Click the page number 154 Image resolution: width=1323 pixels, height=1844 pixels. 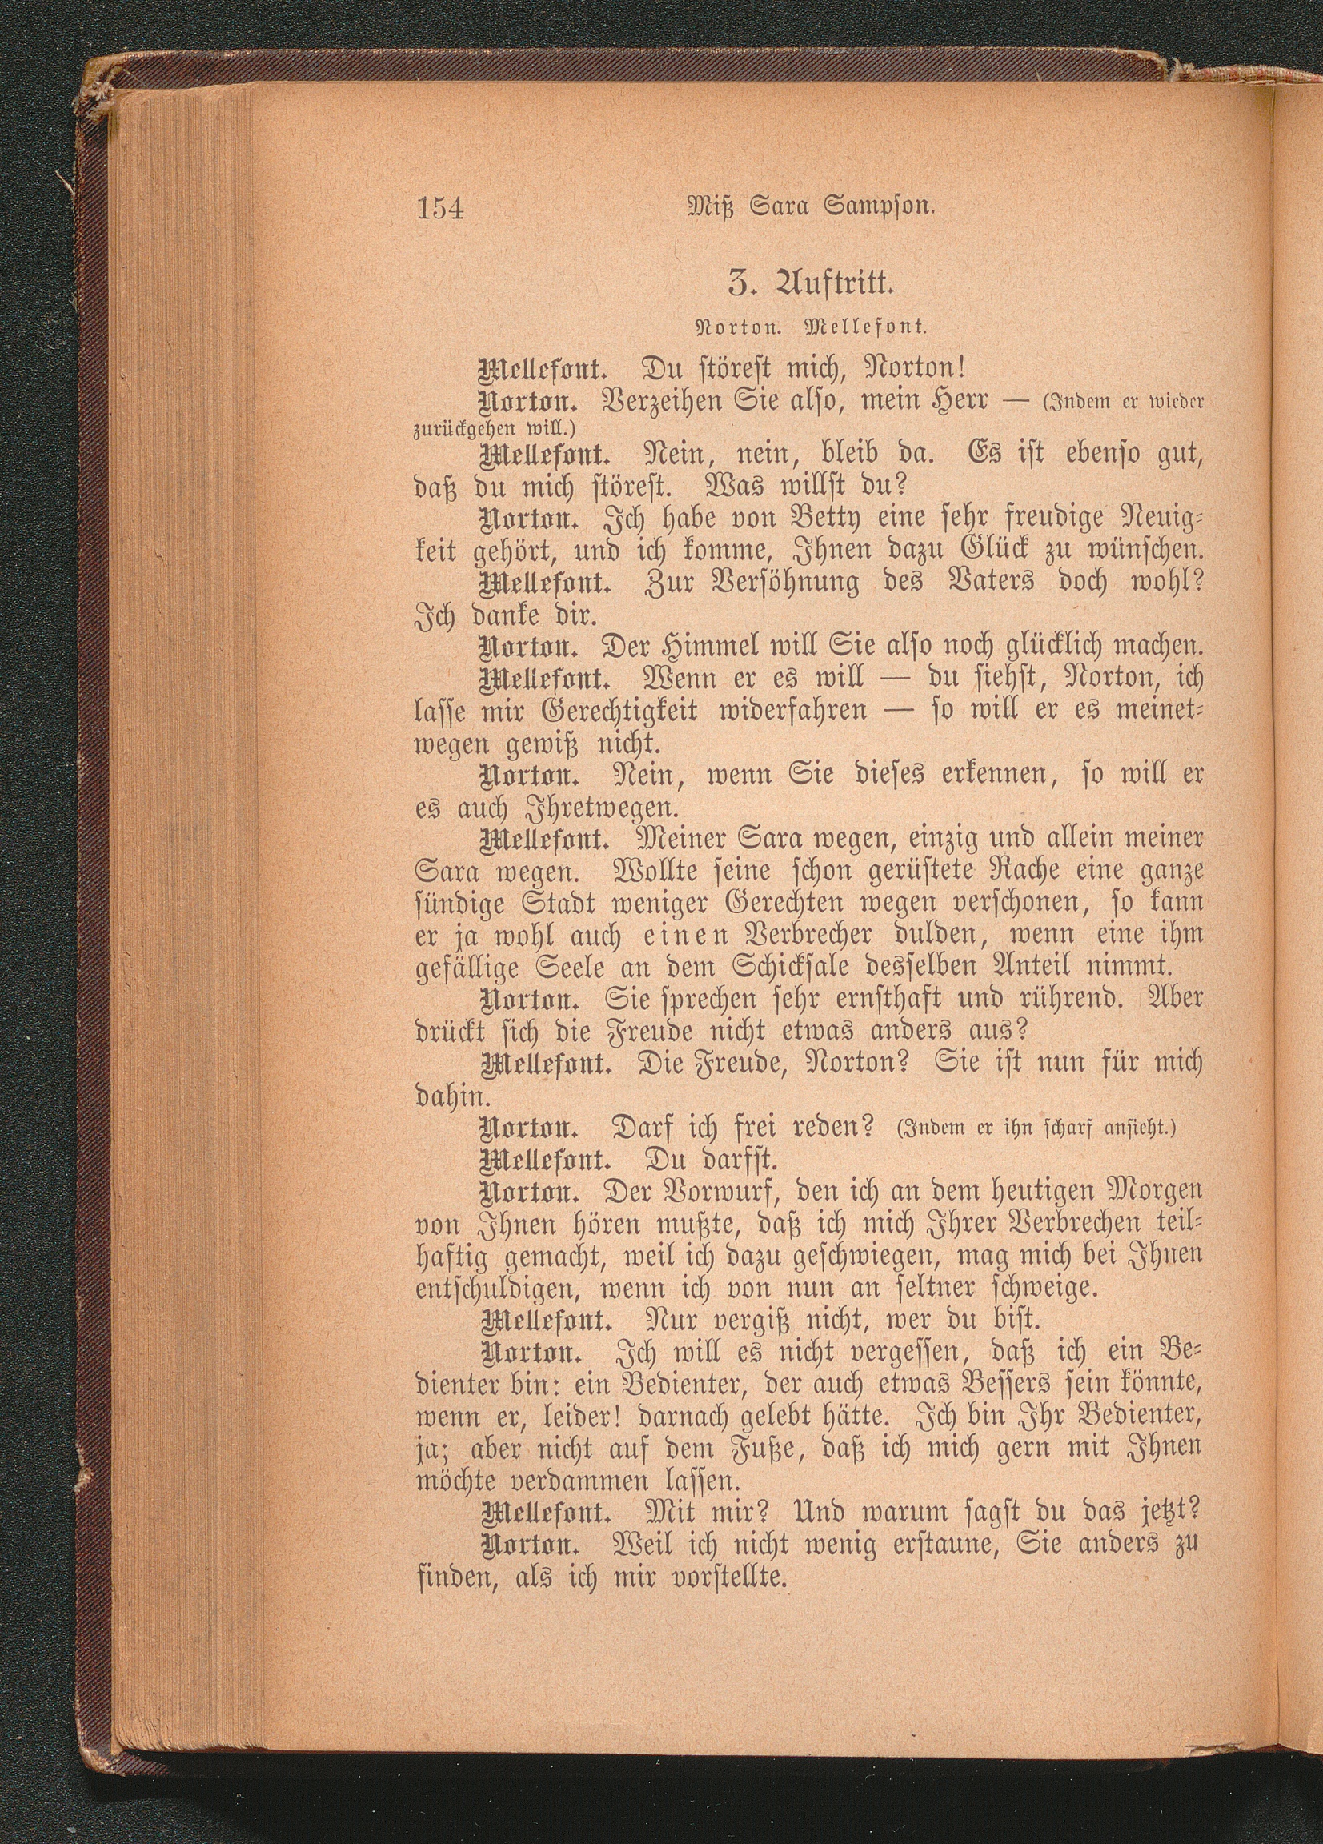click(439, 210)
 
